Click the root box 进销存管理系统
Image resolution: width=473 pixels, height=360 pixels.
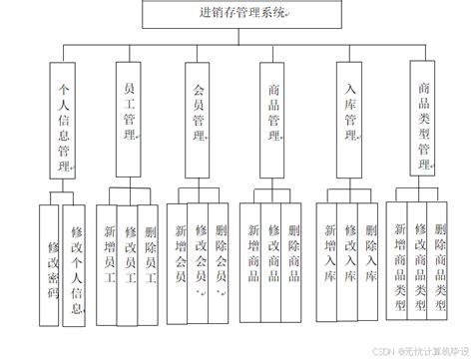(x=236, y=15)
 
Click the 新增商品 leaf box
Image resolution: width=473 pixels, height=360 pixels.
(x=252, y=254)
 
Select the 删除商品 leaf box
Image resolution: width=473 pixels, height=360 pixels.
(x=293, y=254)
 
